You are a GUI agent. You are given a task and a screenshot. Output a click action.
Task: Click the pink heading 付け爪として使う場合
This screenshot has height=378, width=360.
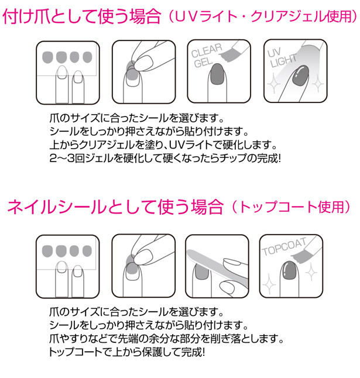coord(82,16)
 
